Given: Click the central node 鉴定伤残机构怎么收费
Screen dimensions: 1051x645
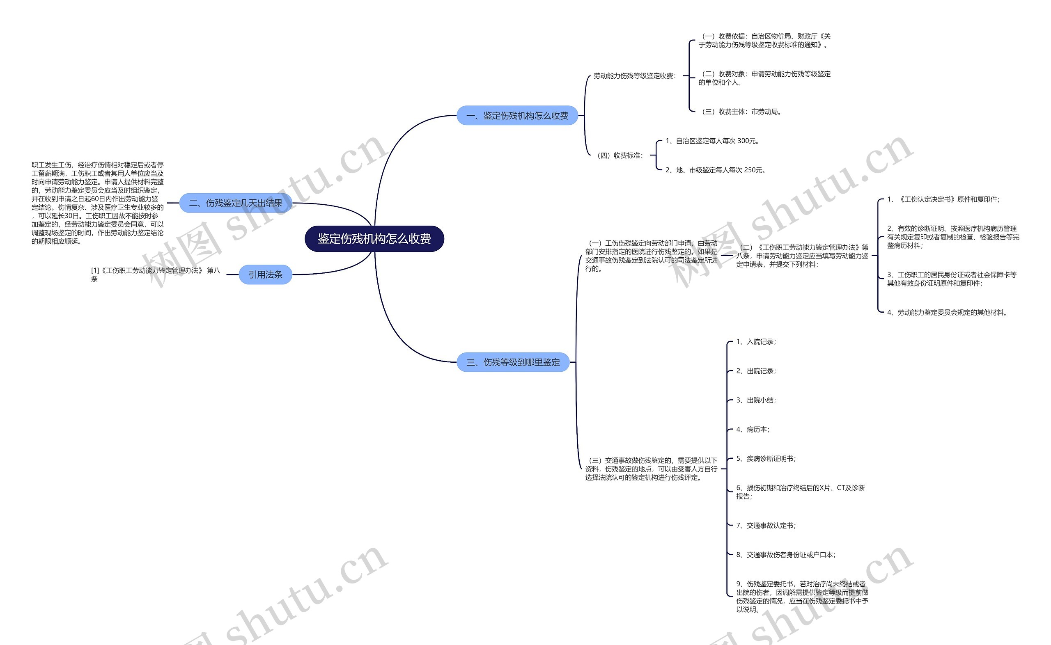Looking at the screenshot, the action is tap(374, 239).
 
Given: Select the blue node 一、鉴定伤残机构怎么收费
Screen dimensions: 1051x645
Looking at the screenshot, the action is tap(517, 116).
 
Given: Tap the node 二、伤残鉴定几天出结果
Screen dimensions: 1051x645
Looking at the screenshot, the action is tap(236, 203).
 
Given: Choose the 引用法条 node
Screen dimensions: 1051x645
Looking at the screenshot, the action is tap(265, 275).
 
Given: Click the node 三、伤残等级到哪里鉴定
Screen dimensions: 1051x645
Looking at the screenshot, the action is tap(513, 362).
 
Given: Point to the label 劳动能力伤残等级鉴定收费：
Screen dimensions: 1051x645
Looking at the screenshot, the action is tap(635, 76).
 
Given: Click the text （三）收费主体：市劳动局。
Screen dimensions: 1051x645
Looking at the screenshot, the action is tap(741, 112).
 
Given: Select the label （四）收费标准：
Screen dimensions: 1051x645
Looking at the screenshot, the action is tap(620, 156).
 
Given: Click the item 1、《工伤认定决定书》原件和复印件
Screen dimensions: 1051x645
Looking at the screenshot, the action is tap(943, 199).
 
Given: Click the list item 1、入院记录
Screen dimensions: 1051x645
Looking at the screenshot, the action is tap(756, 342).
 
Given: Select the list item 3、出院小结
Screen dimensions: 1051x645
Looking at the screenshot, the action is tap(756, 400).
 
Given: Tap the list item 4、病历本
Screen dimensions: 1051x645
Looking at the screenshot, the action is tap(753, 430).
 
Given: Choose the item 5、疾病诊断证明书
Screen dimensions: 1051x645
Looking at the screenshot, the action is tap(766, 459).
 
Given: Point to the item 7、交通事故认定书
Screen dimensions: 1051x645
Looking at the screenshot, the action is tap(766, 526).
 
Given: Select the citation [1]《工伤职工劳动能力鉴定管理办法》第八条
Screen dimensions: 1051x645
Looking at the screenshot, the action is tap(156, 274).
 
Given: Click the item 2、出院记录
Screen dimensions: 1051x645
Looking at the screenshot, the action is tap(756, 371).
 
